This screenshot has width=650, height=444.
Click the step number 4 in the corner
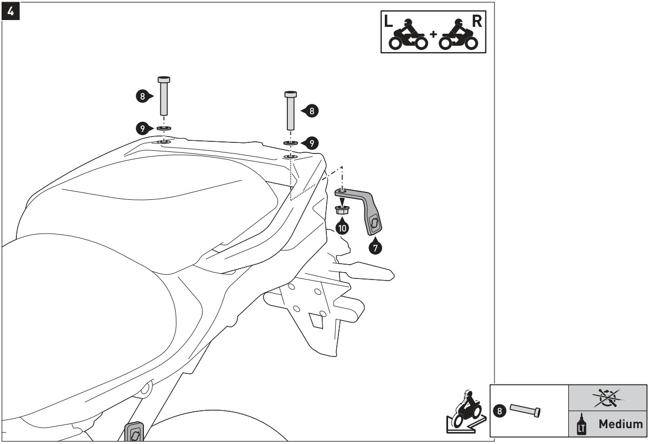coord(11,11)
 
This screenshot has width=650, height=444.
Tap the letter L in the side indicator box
coord(388,21)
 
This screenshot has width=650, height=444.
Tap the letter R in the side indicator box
coord(477,21)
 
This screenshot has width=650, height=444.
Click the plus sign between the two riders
coord(433,34)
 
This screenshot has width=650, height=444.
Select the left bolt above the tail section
coord(164,96)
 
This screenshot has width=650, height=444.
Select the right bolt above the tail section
coord(290,111)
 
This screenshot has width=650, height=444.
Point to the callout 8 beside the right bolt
coord(310,111)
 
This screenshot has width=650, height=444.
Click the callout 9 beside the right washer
coord(310,143)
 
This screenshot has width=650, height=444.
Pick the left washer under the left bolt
coord(164,128)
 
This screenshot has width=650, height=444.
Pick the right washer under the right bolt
coord(290,143)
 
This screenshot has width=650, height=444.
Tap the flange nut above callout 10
coord(342,209)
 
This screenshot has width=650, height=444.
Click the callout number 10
coord(342,227)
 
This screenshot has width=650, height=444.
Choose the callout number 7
coord(375,247)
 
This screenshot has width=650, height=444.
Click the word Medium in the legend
coord(620,424)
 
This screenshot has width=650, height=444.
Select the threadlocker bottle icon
coord(581,424)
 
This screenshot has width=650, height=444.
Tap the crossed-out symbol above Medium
coord(608,398)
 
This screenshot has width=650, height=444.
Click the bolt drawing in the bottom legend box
coord(525,411)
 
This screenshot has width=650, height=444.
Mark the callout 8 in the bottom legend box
coord(499,411)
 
